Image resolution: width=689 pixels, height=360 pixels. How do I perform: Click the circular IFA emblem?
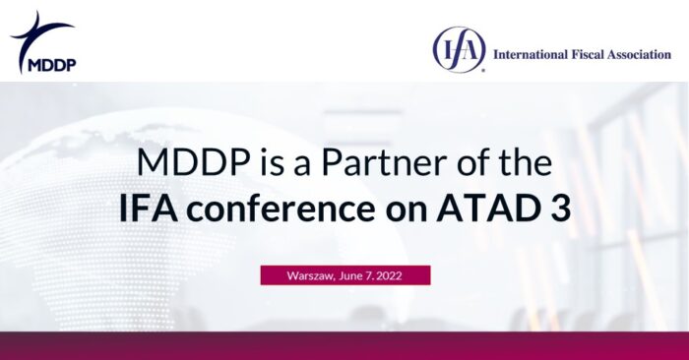(x=459, y=49)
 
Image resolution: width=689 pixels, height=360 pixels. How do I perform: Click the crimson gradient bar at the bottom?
(x=344, y=345)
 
